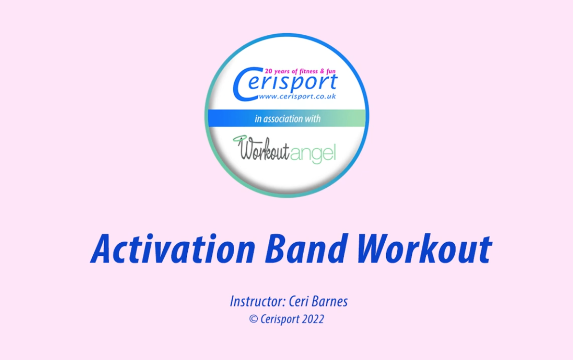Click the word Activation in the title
pyautogui.click(x=173, y=249)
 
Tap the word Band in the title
pyautogui.click(x=307, y=249)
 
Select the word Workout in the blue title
pyautogui.click(x=425, y=249)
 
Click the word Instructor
pyautogui.click(x=257, y=302)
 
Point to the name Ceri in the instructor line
pyautogui.click(x=298, y=302)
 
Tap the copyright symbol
pyautogui.click(x=253, y=319)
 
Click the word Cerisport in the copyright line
pyautogui.click(x=280, y=319)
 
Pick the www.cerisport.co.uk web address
pyautogui.click(x=297, y=97)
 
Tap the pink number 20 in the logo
pyautogui.click(x=270, y=71)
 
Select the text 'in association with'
pyautogui.click(x=287, y=119)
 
